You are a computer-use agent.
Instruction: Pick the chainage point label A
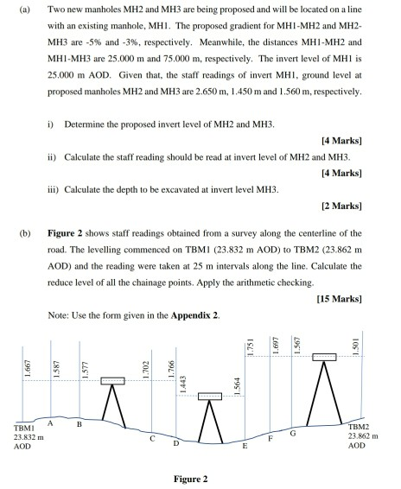50,422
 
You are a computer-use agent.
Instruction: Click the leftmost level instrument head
112,380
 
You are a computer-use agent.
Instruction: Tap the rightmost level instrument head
324,357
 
